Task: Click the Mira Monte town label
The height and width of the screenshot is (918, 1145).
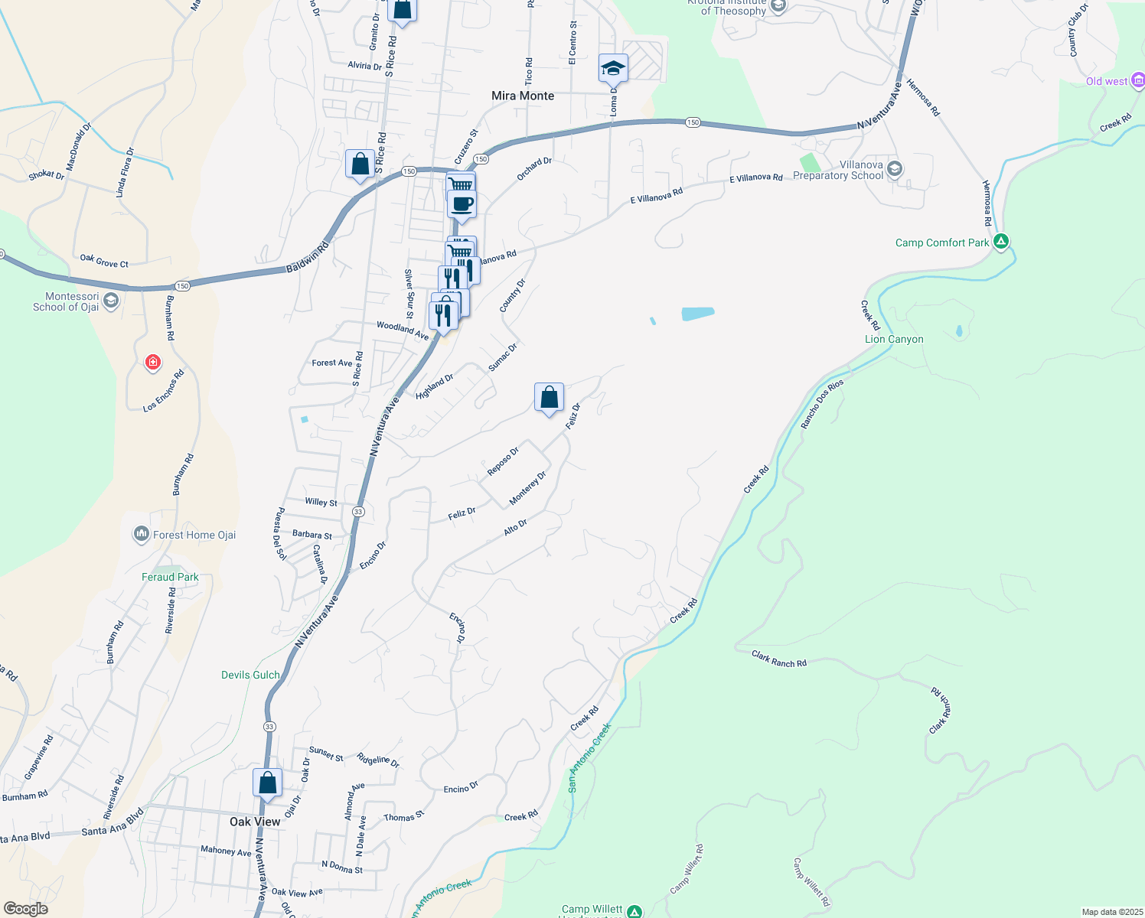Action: pyautogui.click(x=523, y=96)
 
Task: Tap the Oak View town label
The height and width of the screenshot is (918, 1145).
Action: pyautogui.click(x=255, y=822)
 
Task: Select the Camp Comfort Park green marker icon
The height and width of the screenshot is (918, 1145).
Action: pyautogui.click(x=1001, y=242)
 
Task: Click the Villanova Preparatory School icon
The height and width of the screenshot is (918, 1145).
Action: pyautogui.click(x=895, y=169)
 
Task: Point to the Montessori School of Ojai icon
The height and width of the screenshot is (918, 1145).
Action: pyautogui.click(x=110, y=301)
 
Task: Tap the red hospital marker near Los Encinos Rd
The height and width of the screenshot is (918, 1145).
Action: pyautogui.click(x=153, y=362)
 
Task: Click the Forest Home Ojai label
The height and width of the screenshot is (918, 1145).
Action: pyautogui.click(x=194, y=535)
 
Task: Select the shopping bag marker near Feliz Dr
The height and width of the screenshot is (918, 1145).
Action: pyautogui.click(x=549, y=398)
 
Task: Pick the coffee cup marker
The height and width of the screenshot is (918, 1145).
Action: pyautogui.click(x=462, y=205)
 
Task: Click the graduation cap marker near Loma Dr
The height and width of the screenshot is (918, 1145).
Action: pyautogui.click(x=613, y=69)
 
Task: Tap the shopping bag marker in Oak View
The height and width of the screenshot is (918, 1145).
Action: pyautogui.click(x=268, y=783)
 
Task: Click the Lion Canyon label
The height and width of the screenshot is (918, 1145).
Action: pyautogui.click(x=894, y=339)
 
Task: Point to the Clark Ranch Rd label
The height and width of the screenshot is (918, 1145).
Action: pyautogui.click(x=779, y=659)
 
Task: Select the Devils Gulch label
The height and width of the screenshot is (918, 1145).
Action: pyautogui.click(x=250, y=675)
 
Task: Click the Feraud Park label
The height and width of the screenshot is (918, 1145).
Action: pyautogui.click(x=170, y=577)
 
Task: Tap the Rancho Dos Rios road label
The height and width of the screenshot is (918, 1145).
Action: pyautogui.click(x=822, y=403)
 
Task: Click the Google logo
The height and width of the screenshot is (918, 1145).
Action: pyautogui.click(x=25, y=908)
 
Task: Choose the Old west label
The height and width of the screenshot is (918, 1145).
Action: pyautogui.click(x=1106, y=81)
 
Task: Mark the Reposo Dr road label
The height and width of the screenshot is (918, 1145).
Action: pyautogui.click(x=503, y=461)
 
